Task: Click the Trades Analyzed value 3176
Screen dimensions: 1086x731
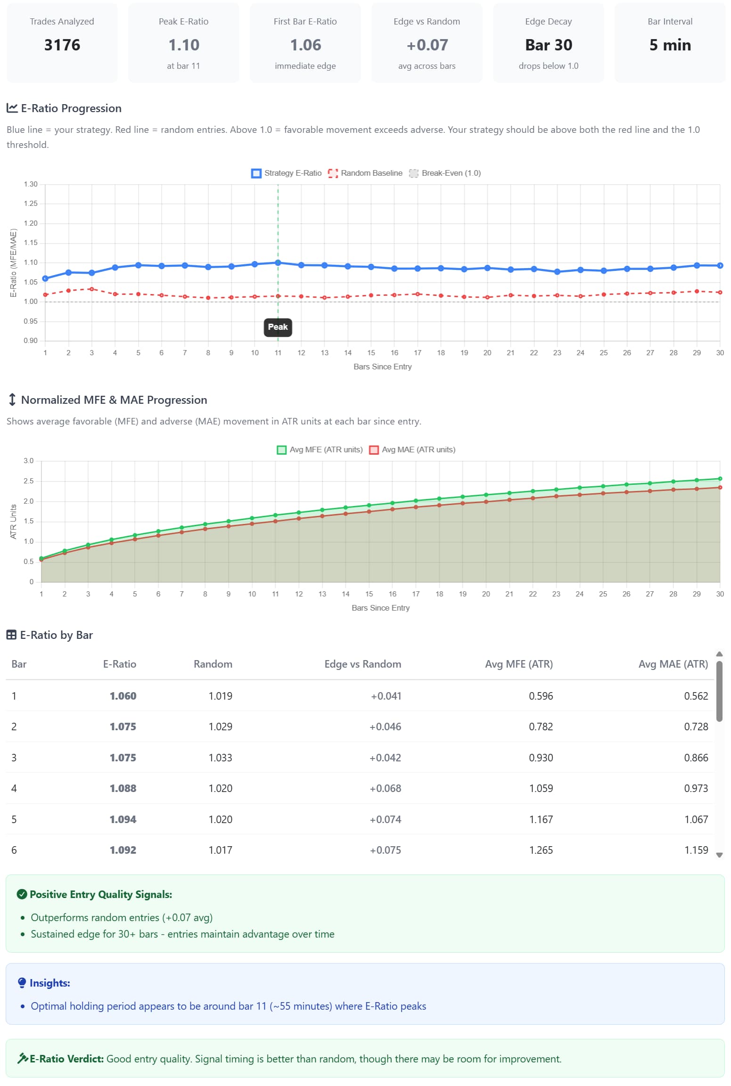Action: pyautogui.click(x=62, y=45)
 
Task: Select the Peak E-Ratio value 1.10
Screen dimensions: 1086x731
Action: pyautogui.click(x=184, y=45)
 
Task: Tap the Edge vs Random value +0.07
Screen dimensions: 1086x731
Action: pyautogui.click(x=427, y=45)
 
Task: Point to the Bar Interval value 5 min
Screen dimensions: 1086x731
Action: pyautogui.click(x=670, y=45)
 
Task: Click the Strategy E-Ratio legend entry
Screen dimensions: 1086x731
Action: pyautogui.click(x=287, y=173)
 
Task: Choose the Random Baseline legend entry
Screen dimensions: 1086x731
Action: pyautogui.click(x=365, y=173)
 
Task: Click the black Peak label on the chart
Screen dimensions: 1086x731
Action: pyautogui.click(x=278, y=327)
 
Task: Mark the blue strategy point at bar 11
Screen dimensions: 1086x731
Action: pyautogui.click(x=278, y=263)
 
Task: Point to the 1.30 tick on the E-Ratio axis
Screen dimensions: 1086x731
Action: pyautogui.click(x=31, y=184)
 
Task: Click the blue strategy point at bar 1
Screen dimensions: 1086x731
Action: pyautogui.click(x=45, y=279)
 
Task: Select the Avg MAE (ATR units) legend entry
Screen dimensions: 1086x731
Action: pyautogui.click(x=412, y=450)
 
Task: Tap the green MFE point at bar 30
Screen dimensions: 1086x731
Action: pyautogui.click(x=720, y=479)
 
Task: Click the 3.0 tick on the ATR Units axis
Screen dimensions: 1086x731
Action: pyautogui.click(x=29, y=461)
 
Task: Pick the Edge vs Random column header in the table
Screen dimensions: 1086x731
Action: pyautogui.click(x=362, y=664)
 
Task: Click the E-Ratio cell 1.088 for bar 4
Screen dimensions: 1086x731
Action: pyautogui.click(x=123, y=789)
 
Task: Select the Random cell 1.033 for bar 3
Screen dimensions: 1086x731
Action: pyautogui.click(x=220, y=758)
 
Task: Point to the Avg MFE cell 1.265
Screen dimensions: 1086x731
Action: pyautogui.click(x=541, y=850)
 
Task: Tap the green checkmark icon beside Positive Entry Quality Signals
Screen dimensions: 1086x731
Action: pyautogui.click(x=22, y=894)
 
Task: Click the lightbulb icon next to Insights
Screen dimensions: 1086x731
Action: pyautogui.click(x=22, y=983)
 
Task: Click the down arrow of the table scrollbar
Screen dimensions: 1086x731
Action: pyautogui.click(x=719, y=855)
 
